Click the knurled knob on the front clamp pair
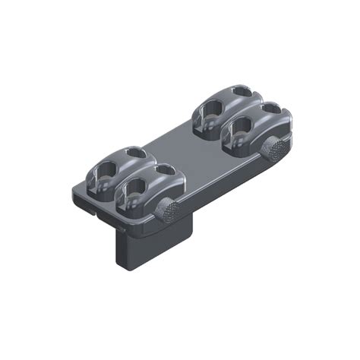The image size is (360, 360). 169,209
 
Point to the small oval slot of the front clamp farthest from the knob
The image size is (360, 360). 137,153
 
